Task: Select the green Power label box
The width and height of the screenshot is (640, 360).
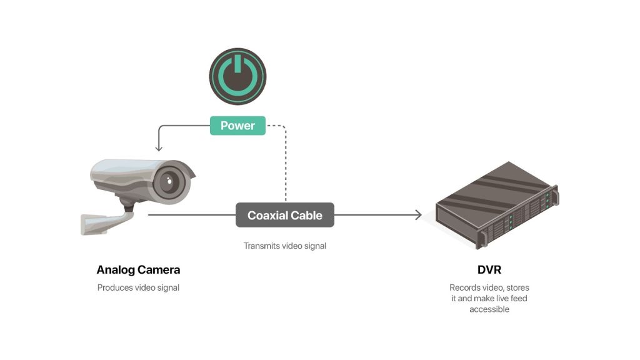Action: coord(238,126)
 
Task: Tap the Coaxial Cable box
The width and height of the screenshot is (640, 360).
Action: coord(285,215)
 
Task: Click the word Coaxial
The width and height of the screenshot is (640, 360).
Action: coord(267,215)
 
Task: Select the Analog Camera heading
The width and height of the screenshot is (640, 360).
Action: coord(138,270)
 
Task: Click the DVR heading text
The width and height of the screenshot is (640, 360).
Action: coord(489,270)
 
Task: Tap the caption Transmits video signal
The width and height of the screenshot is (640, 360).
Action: coord(285,246)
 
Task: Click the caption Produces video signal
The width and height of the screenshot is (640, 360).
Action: coord(138,288)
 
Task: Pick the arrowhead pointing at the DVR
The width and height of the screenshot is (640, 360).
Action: coord(419,215)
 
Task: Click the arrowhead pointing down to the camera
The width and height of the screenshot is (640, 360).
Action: coord(158,148)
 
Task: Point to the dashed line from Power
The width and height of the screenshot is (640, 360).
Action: coord(285,162)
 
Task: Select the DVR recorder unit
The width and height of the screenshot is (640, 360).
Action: coord(494,206)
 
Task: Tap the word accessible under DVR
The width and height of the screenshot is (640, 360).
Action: coord(489,309)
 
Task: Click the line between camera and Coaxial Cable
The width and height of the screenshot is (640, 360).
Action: coord(191,215)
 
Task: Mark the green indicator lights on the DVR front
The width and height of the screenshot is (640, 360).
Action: coord(511,219)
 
